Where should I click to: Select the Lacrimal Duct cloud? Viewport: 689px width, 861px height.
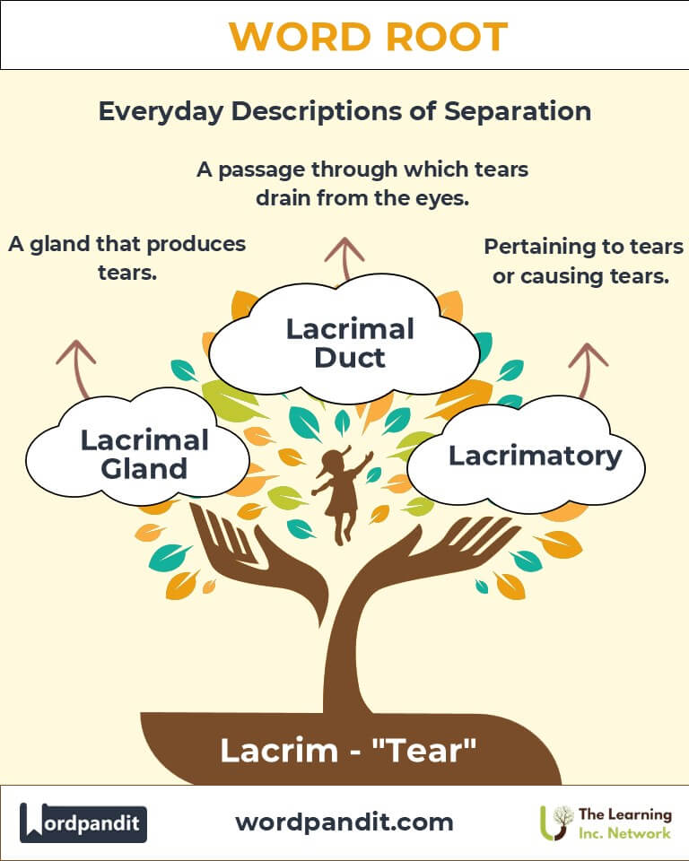(x=350, y=342)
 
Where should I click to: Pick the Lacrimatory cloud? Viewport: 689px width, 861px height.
(x=535, y=456)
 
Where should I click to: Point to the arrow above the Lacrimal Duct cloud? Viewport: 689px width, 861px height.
(x=343, y=256)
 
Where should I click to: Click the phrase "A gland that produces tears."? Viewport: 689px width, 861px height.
(x=126, y=257)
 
